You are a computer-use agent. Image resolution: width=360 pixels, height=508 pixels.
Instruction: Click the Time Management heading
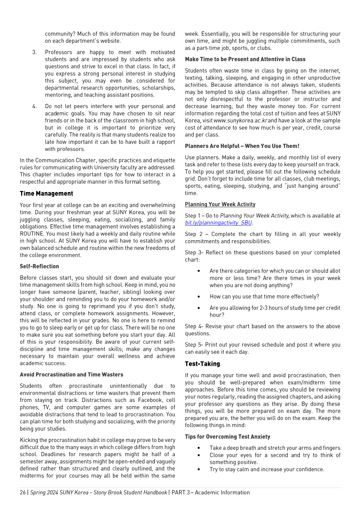pos(46,193)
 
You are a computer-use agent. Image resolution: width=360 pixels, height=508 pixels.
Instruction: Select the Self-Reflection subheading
pos(39,266)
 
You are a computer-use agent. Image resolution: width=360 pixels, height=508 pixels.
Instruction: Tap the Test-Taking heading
pos(202,364)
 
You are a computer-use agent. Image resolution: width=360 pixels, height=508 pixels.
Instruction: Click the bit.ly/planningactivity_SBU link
pos(218,223)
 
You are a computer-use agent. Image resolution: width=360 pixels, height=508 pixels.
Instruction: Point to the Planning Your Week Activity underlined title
pos(220,204)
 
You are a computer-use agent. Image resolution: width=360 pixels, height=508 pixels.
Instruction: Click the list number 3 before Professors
pos(34,52)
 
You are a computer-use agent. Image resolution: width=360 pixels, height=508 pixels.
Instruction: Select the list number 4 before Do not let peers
pos(34,106)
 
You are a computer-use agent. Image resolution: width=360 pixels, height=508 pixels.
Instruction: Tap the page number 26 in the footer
pos(22,493)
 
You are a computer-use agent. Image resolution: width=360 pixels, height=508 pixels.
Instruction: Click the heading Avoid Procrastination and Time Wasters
pos(71,375)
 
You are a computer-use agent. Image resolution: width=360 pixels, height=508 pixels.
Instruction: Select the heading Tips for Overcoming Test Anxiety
pos(227,437)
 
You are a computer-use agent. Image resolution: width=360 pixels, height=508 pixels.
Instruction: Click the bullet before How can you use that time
pos(199,297)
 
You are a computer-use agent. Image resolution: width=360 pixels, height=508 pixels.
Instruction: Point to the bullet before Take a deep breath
pos(199,448)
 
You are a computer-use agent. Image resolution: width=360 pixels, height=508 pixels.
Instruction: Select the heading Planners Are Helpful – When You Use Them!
pos(242,146)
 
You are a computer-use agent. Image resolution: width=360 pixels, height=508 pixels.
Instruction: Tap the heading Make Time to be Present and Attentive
pos(245,59)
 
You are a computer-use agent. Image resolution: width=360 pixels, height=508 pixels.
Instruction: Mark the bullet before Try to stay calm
pos(199,470)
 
